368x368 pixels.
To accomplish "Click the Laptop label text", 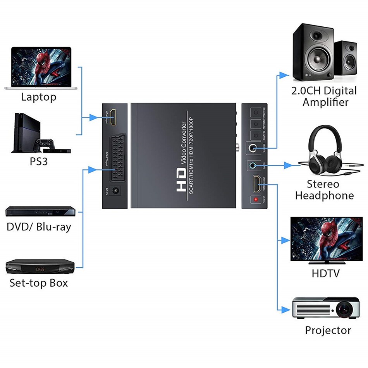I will (x=38, y=97).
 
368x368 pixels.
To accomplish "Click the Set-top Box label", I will (x=38, y=283).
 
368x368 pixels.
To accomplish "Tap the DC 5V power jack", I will (x=115, y=191).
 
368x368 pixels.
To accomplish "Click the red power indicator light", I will (x=256, y=200).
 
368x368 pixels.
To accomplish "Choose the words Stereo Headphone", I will (x=324, y=190).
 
